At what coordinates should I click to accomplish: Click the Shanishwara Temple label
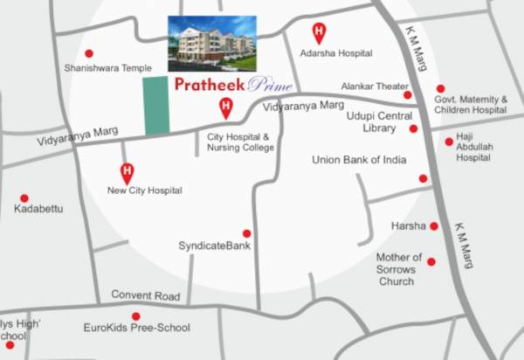101,67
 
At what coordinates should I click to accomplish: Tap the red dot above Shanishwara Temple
89,54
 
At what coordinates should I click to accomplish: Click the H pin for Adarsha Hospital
319,34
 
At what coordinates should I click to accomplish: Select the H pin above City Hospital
225,107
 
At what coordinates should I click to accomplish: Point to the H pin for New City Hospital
127,171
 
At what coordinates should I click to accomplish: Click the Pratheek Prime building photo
212,43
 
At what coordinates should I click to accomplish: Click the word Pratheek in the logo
208,86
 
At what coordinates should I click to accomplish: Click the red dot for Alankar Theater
408,94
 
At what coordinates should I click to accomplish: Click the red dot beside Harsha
433,226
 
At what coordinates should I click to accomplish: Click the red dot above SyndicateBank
247,233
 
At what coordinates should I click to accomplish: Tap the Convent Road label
145,296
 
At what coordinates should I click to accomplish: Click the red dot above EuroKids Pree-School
135,316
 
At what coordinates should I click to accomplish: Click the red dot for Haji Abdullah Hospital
449,142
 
